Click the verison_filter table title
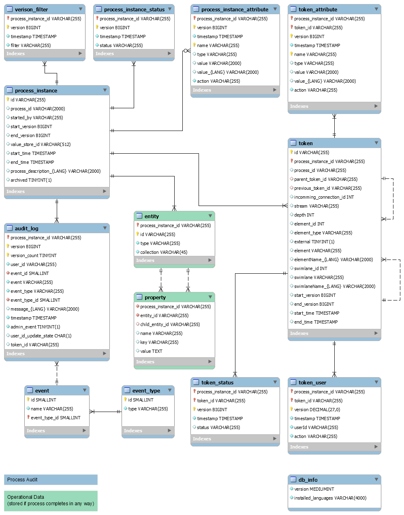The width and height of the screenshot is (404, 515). (x=31, y=9)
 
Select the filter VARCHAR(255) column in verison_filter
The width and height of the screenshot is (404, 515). (x=31, y=45)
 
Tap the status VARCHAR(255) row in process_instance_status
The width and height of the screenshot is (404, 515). (x=121, y=45)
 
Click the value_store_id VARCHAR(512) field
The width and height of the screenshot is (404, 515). (x=41, y=144)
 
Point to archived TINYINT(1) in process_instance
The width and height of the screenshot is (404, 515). (x=31, y=180)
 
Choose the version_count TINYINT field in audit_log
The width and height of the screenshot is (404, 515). (x=34, y=255)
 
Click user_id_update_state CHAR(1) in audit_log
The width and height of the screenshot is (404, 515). (x=41, y=336)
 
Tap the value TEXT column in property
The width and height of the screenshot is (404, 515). (x=151, y=351)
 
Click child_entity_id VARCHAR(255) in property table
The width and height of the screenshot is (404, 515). (x=170, y=324)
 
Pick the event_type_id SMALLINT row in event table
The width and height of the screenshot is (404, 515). (x=56, y=418)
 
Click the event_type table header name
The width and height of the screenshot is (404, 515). (x=146, y=391)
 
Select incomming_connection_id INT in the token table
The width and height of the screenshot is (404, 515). (x=324, y=197)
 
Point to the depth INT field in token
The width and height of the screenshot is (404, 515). (x=304, y=215)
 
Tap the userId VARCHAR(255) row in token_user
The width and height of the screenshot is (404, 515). (x=316, y=427)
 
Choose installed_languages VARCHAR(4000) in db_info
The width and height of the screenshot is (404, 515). (x=330, y=498)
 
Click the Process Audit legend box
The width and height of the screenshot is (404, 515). (x=51, y=480)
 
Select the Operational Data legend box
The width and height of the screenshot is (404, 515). (x=51, y=500)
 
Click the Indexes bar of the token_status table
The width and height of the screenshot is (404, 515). (x=235, y=439)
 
